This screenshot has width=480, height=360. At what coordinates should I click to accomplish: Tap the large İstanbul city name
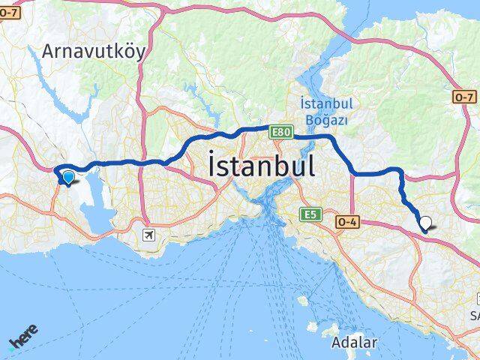(x=260, y=166)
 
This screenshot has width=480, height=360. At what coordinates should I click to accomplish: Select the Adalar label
(x=354, y=343)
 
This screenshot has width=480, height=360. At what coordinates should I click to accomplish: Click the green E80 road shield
(x=280, y=132)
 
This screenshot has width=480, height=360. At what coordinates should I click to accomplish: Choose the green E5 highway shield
(x=310, y=214)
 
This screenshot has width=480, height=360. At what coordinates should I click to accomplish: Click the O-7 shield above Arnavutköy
(x=10, y=10)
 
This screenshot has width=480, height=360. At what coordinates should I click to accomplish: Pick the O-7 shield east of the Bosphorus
(x=464, y=97)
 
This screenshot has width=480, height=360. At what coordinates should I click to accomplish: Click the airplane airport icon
(x=149, y=235)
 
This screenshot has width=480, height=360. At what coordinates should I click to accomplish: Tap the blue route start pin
(x=68, y=177)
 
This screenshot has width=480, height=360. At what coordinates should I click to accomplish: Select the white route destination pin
(x=426, y=223)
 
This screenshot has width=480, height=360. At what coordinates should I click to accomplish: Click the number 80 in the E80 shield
(x=283, y=132)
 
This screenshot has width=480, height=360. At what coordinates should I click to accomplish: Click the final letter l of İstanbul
(x=310, y=166)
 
